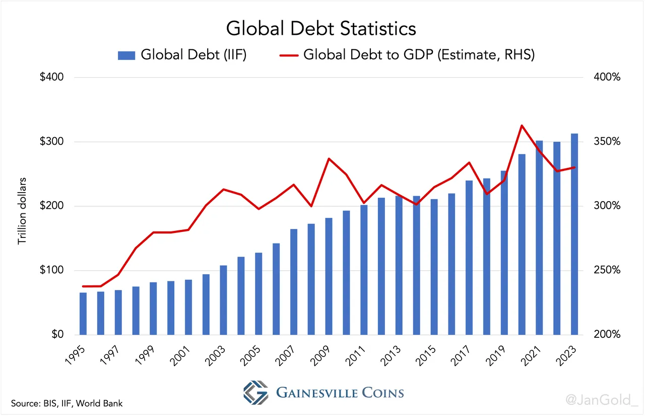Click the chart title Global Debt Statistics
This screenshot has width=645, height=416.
321,28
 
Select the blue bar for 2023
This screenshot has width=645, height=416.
574,234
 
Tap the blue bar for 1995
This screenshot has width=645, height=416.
83,314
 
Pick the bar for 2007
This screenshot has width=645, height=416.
294,282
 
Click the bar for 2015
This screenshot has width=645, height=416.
434,267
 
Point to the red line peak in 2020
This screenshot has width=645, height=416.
522,126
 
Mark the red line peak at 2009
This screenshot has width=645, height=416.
329,159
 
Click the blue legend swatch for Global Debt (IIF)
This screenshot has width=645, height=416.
126,55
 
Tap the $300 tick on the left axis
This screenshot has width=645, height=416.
51,142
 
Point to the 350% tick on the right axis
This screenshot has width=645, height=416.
605,142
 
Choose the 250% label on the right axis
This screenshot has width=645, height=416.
605,270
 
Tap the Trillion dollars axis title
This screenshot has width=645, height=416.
22,211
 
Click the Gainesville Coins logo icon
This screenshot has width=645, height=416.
256,392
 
